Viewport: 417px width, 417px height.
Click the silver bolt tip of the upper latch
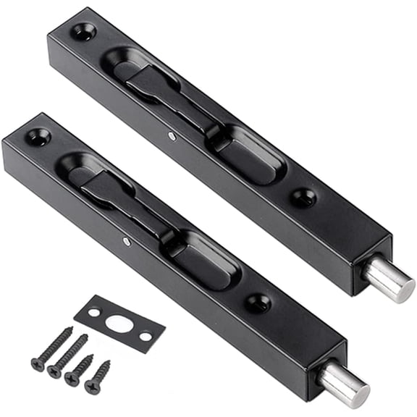pyautogui.click(x=389, y=280)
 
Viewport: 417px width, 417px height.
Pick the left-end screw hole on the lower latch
pyautogui.click(x=37, y=137)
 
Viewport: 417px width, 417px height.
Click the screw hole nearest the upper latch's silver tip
pyautogui.click(x=303, y=197)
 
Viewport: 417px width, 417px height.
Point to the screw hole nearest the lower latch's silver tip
pyautogui.click(x=258, y=302)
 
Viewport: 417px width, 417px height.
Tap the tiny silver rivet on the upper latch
pyautogui.click(x=171, y=135)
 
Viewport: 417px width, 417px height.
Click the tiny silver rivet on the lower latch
pyautogui.click(x=126, y=241)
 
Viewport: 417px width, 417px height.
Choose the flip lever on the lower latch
pyautogui.click(x=109, y=190)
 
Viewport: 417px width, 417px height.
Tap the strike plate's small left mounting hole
pyautogui.click(x=93, y=312)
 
